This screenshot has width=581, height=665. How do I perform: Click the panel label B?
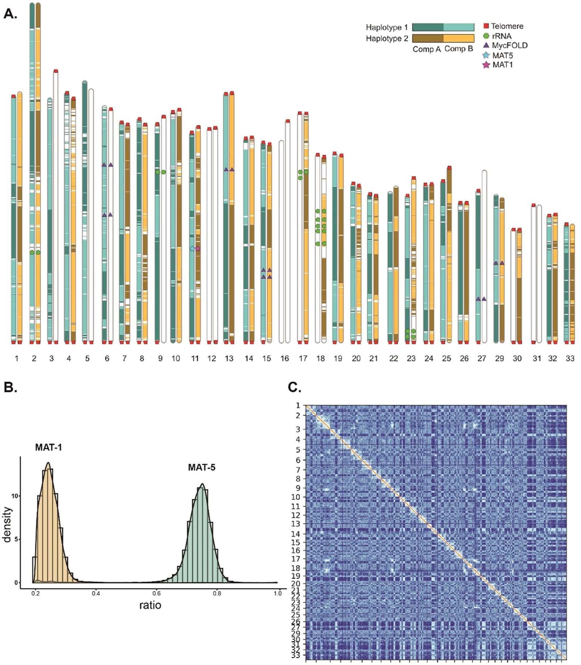[10, 387]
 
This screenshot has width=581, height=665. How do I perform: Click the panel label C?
[295, 387]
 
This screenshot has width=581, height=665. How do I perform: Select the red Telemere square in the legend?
[486, 26]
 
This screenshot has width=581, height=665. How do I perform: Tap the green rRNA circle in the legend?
[486, 36]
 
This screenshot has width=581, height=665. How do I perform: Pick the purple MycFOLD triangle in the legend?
[486, 45]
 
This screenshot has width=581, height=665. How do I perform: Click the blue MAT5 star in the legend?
[486, 55]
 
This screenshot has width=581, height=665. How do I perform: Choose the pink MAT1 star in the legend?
[486, 65]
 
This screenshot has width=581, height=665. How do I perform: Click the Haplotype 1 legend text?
[387, 27]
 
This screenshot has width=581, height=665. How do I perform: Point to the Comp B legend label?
[459, 49]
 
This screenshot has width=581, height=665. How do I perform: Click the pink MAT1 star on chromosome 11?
[198, 249]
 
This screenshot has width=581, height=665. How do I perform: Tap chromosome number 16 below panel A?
[285, 358]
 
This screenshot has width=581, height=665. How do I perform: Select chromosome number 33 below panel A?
[570, 358]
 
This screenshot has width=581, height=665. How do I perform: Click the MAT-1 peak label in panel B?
[48, 447]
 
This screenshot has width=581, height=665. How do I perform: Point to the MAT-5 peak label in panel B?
[202, 467]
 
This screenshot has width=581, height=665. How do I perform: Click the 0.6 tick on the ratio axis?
[156, 593]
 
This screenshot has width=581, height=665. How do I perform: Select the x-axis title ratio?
[150, 605]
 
